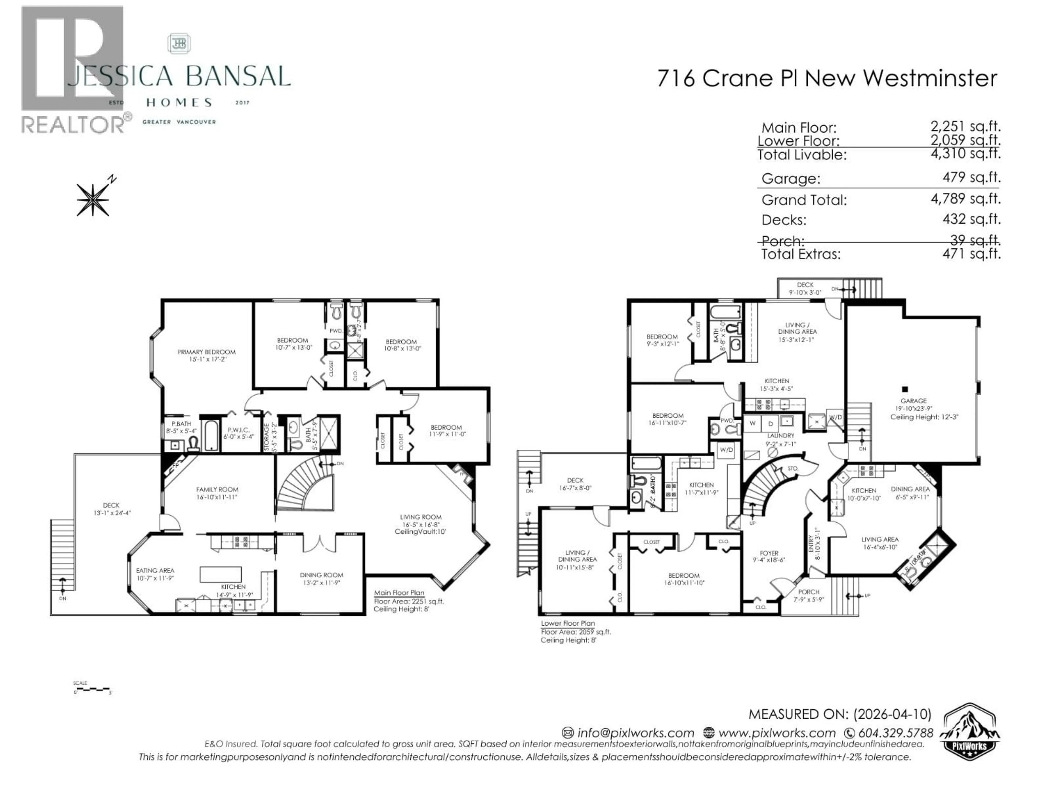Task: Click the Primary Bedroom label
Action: [206, 352]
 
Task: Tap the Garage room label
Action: [913, 401]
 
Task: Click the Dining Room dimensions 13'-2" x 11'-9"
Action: [321, 583]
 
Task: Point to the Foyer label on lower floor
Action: [769, 553]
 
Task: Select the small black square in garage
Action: [905, 389]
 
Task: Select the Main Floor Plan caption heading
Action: [399, 592]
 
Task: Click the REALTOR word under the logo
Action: [72, 125]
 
